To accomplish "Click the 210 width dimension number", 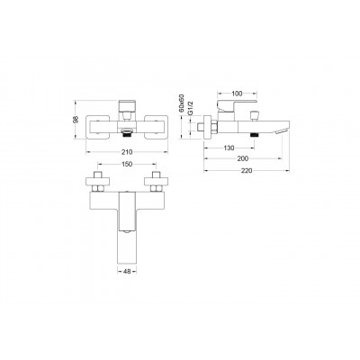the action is coord(127,152).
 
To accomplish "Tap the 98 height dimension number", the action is coord(76,120).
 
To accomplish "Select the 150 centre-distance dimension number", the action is coord(127,164).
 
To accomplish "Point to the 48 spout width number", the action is coord(127,272).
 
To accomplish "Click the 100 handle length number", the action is coord(237,94).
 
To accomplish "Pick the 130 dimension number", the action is coord(229,148).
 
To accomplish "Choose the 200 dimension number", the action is coord(243,158).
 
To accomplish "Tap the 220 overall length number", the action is coord(247,171).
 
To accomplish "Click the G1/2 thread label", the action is coord(190,108).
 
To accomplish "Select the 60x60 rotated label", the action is coord(182,103).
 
